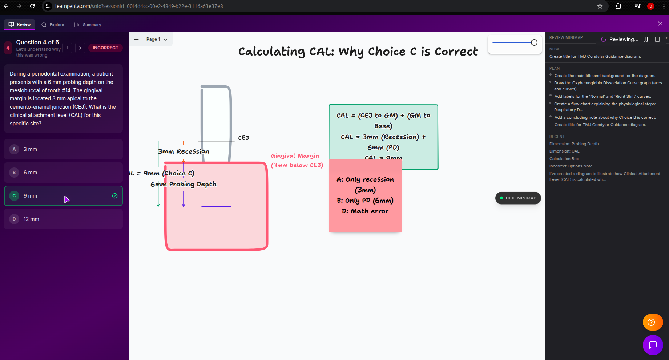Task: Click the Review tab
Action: click(x=20, y=25)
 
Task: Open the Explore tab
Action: click(x=53, y=25)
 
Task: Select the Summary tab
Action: click(x=88, y=25)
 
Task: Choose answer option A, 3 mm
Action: click(x=63, y=149)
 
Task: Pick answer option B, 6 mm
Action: click(x=63, y=173)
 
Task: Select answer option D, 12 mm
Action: click(x=63, y=219)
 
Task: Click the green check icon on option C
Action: click(x=115, y=196)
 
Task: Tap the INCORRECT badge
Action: click(x=105, y=48)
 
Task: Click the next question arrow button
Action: click(x=80, y=48)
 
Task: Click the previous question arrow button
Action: click(x=67, y=48)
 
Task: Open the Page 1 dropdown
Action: click(x=157, y=39)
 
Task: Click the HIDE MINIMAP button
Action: click(x=518, y=198)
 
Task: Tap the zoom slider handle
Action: click(x=534, y=43)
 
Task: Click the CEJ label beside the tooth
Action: click(x=243, y=138)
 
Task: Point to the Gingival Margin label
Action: click(x=295, y=156)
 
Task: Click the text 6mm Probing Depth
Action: click(x=184, y=184)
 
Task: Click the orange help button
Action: click(x=653, y=322)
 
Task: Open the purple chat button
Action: click(x=653, y=345)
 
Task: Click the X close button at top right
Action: click(x=660, y=24)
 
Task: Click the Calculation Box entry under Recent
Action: click(x=564, y=159)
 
